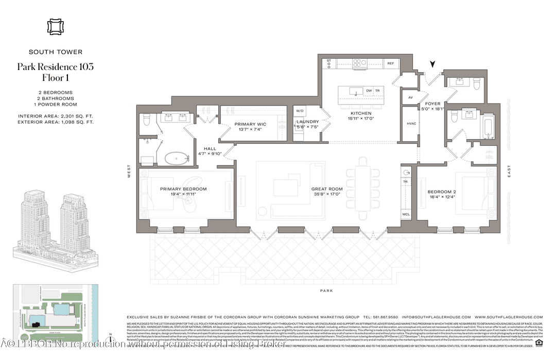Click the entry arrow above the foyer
point(433,64)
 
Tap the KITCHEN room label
point(361,113)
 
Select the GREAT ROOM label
point(327,189)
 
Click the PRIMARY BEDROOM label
point(183,189)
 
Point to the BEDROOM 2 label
point(442,192)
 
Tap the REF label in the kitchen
point(390,63)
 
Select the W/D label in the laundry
point(300,111)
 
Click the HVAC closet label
point(411,123)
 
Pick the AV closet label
point(410,97)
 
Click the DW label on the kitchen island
point(369,91)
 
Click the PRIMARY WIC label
point(249,124)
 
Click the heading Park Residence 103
point(55,67)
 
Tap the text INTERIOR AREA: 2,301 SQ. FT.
point(55,116)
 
